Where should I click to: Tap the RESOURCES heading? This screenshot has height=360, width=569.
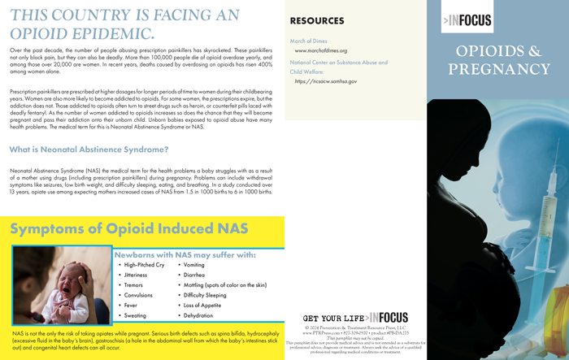pyautogui.click(x=316, y=20)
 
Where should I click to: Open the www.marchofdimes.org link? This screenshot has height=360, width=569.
pyautogui.click(x=320, y=50)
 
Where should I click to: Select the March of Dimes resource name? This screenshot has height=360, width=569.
pyautogui.click(x=309, y=40)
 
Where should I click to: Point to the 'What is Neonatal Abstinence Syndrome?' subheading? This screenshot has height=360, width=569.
pyautogui.click(x=89, y=150)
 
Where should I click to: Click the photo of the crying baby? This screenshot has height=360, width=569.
pyautogui.click(x=59, y=288)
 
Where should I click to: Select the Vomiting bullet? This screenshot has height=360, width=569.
pyautogui.click(x=194, y=265)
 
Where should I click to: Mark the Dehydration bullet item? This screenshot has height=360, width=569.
pyautogui.click(x=198, y=315)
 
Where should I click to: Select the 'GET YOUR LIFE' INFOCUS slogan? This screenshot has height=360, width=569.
pyautogui.click(x=354, y=318)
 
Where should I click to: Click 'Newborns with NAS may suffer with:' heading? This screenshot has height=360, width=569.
pyautogui.click(x=185, y=254)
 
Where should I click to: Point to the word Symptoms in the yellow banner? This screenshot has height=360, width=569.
pyautogui.click(x=54, y=229)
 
